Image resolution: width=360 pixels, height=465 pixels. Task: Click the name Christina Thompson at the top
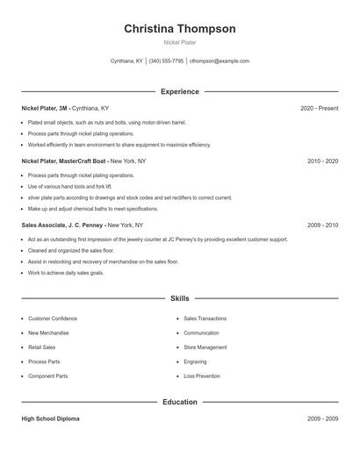[x=179, y=29]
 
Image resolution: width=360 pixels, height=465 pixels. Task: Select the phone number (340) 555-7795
[x=166, y=61]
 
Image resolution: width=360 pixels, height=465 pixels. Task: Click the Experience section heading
[x=179, y=91]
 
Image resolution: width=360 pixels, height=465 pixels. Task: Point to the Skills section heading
[x=179, y=298]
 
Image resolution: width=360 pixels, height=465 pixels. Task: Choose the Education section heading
[x=179, y=402]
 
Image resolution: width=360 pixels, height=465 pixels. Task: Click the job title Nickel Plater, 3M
[x=45, y=108]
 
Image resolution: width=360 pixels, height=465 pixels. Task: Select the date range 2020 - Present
[x=319, y=108]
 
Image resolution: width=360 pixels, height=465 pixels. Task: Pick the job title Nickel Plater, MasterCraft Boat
[x=63, y=161]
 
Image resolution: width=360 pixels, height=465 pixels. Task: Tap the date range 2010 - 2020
[x=322, y=161]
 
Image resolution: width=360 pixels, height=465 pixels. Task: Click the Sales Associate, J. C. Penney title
[x=61, y=225]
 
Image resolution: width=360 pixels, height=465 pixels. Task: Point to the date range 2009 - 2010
[x=322, y=225]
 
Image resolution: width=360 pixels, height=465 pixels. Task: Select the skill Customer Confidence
[x=53, y=318]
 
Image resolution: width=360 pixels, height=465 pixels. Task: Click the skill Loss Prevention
[x=203, y=376]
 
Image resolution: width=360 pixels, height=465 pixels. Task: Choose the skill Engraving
[x=196, y=361]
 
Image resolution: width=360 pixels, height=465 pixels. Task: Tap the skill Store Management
[x=205, y=347]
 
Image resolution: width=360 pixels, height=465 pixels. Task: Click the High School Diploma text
[x=50, y=418]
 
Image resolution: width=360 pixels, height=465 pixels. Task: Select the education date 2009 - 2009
[x=322, y=418]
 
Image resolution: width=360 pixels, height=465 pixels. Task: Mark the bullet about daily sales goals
[x=65, y=273]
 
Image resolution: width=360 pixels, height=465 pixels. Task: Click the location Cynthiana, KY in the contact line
[x=126, y=61]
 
